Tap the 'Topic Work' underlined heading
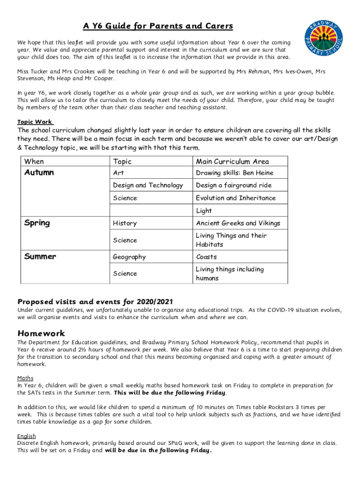click(x=35, y=122)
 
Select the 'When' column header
click(x=34, y=161)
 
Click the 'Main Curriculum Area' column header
click(x=232, y=161)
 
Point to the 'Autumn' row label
click(x=39, y=173)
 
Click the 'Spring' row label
click(x=37, y=223)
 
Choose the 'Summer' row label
click(x=40, y=257)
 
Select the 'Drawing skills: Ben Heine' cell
click(x=234, y=173)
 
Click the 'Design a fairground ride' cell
click(x=233, y=185)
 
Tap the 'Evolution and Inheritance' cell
click(x=236, y=198)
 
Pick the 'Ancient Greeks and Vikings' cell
click(x=238, y=223)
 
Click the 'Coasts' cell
click(x=206, y=257)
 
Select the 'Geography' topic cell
click(x=129, y=257)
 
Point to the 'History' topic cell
click(x=125, y=223)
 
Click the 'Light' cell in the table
click(x=204, y=210)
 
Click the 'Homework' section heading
click(x=41, y=334)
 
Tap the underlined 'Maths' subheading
click(x=25, y=378)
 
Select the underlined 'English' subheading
click(x=26, y=436)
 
